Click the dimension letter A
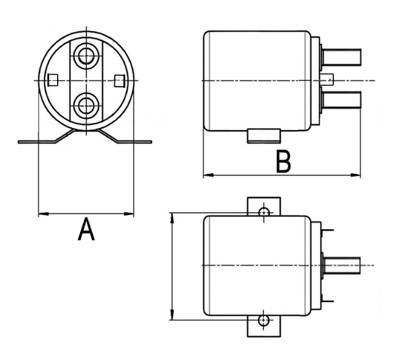point(86,230)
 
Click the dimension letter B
point(283,162)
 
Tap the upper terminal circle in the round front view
point(85,55)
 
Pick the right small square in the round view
point(118,79)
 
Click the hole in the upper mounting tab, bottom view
point(264,212)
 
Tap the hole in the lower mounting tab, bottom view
point(264,320)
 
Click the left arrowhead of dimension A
point(42,213)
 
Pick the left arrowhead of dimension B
point(207,175)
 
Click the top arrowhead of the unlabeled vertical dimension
point(172,216)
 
